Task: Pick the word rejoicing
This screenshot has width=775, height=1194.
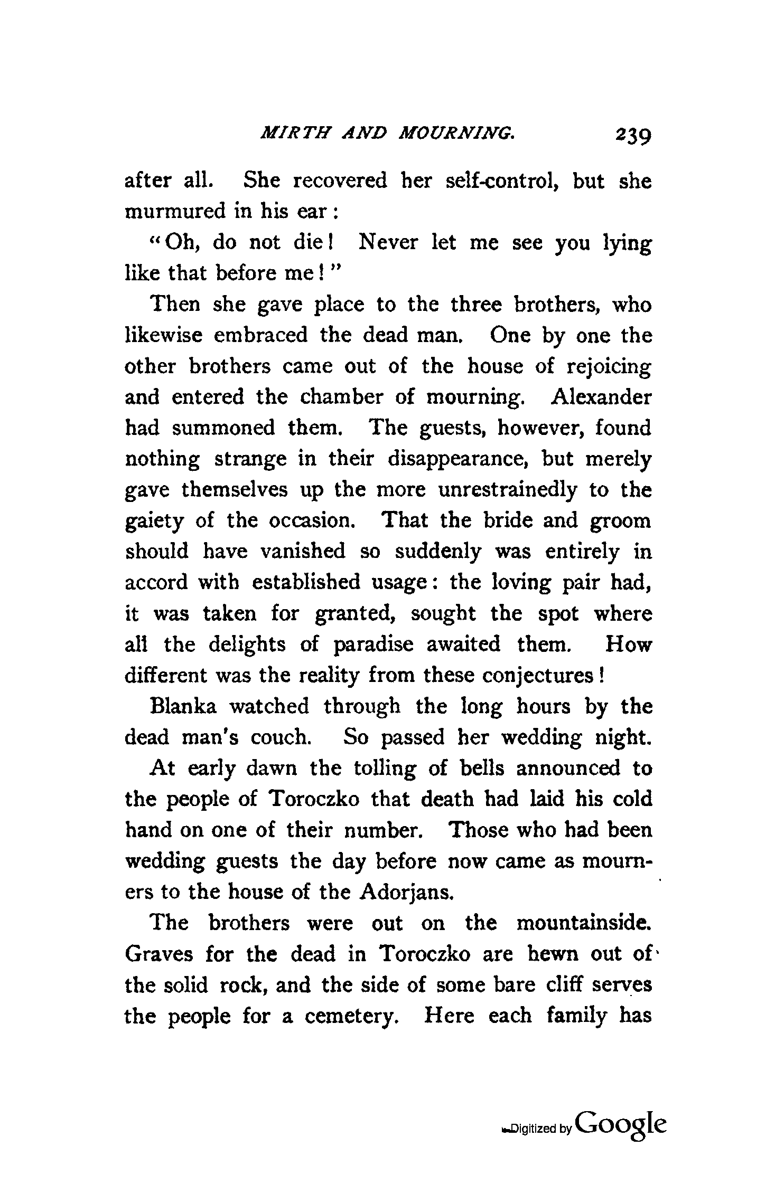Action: click(x=608, y=367)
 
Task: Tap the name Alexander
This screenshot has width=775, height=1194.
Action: click(x=601, y=397)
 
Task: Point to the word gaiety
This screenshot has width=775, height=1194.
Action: click(x=154, y=522)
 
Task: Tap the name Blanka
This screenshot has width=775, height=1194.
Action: click(x=183, y=706)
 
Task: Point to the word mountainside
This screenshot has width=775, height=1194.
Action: click(x=583, y=923)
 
